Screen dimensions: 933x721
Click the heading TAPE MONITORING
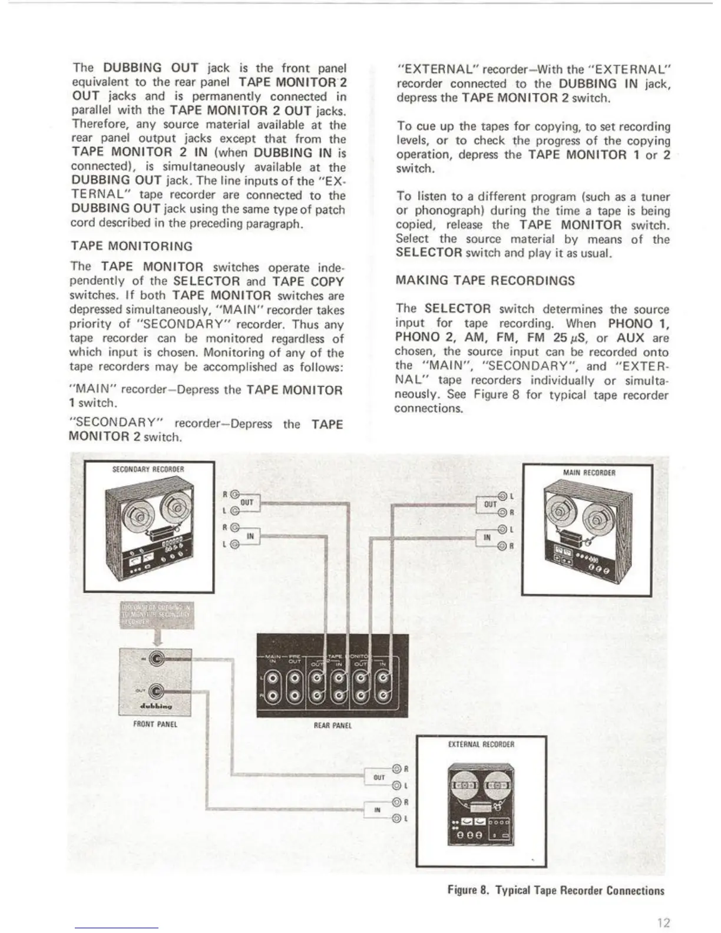131,246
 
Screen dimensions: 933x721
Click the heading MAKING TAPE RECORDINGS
485,281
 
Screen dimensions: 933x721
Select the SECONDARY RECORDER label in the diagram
148,469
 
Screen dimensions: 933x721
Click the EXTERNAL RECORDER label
481,745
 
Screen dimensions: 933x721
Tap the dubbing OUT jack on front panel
157,691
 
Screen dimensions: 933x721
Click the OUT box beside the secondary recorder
247,502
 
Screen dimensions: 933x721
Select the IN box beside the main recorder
487,537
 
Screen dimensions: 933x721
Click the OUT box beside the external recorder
379,777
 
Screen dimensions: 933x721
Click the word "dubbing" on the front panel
155,704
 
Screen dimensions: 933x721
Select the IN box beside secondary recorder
250,536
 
